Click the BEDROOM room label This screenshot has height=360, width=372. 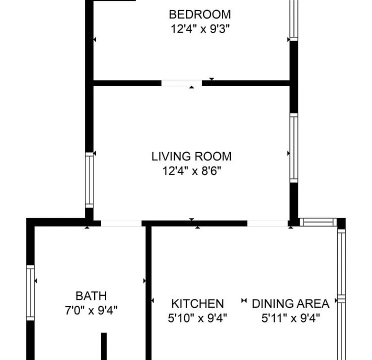(200, 14)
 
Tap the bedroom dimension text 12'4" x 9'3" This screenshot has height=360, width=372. (200, 29)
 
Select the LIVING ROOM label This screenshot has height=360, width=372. (191, 156)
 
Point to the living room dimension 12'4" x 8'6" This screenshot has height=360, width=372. (191, 170)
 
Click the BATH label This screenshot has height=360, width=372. (91, 296)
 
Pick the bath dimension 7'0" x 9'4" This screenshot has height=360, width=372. (91, 310)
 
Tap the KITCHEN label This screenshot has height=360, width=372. (197, 304)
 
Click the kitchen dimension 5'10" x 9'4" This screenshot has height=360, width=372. (197, 318)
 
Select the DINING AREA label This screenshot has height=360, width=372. (290, 304)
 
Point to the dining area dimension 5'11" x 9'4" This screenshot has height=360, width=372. (290, 318)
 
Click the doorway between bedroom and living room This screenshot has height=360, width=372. (181, 83)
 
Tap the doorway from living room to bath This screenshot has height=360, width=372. (121, 223)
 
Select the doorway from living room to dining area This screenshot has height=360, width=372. (267, 223)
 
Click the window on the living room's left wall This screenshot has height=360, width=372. (89, 180)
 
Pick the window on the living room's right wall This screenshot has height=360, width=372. (293, 148)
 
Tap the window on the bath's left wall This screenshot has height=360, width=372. (30, 292)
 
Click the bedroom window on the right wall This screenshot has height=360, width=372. (293, 20)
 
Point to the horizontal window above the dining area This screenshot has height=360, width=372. (318, 222)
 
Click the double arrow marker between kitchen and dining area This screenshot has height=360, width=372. (244, 300)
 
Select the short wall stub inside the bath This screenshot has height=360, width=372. (104, 346)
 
